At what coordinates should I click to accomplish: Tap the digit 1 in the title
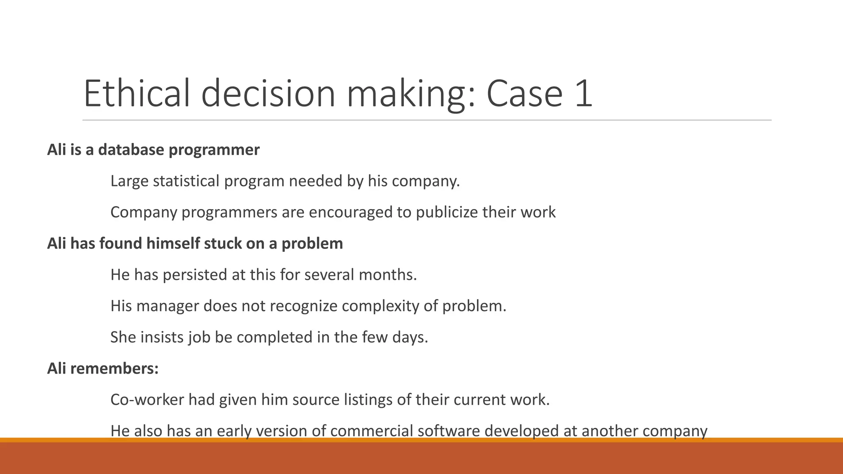582,94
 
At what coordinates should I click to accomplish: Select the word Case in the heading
524,94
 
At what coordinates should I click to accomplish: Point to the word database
131,150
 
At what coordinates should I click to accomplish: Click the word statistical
186,181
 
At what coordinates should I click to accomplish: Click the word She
123,337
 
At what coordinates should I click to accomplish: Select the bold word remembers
114,369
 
